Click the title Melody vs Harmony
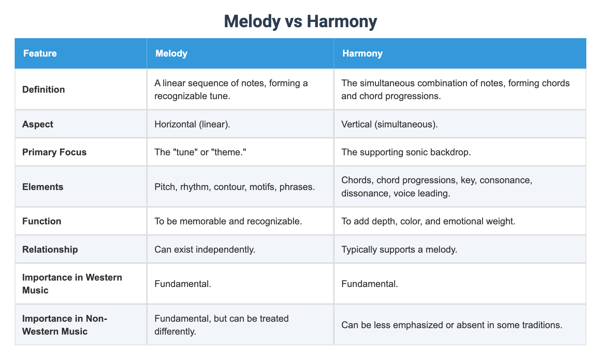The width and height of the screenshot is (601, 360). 300,21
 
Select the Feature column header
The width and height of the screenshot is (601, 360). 40,53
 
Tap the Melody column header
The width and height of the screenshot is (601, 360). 171,53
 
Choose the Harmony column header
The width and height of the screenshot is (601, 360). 362,53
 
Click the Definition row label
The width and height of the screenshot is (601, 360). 44,89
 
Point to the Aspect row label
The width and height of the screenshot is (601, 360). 38,124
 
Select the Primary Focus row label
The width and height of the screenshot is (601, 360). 54,152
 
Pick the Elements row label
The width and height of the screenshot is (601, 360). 43,187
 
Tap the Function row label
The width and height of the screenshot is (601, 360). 41,221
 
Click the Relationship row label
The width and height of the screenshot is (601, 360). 50,249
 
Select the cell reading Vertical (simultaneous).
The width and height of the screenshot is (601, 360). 390,124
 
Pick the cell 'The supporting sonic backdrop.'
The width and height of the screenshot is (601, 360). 406,152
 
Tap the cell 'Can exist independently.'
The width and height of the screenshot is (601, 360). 205,249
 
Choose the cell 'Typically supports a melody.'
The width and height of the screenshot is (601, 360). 399,249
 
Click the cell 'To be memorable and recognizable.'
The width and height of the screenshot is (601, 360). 228,221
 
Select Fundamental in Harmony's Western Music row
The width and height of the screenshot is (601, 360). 370,284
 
